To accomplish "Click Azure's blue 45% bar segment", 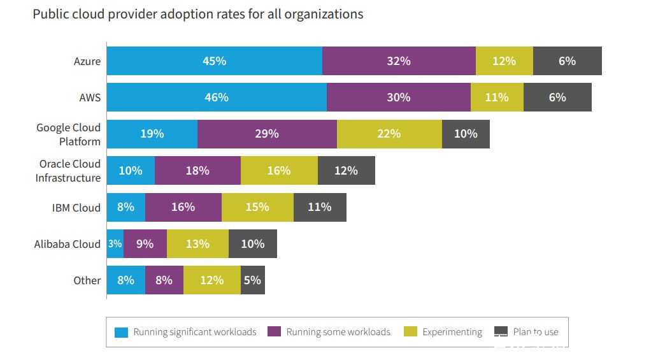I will tap(214, 61).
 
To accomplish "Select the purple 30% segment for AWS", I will tap(398, 97).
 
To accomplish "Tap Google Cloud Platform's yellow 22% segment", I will tap(389, 134).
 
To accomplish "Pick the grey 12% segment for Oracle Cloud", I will tap(347, 171).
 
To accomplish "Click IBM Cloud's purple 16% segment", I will tap(183, 207).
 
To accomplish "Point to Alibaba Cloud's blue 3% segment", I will tap(115, 244).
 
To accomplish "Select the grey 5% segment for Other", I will tap(252, 280).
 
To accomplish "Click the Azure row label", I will tap(87, 61).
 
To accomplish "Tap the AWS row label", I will tap(89, 97).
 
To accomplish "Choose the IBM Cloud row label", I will tap(76, 208).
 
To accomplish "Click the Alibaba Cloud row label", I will tap(68, 244).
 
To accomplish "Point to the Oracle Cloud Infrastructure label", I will tap(68, 171).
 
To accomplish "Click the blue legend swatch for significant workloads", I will tap(121, 332).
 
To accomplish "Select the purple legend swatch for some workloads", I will tap(275, 332).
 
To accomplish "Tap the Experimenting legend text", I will tap(452, 332).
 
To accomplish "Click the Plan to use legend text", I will tap(536, 332).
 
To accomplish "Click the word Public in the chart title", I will tap(50, 13).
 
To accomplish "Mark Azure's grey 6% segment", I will tap(567, 61).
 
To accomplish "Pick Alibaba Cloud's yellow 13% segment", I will tap(197, 244).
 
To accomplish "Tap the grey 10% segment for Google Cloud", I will tap(466, 134).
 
